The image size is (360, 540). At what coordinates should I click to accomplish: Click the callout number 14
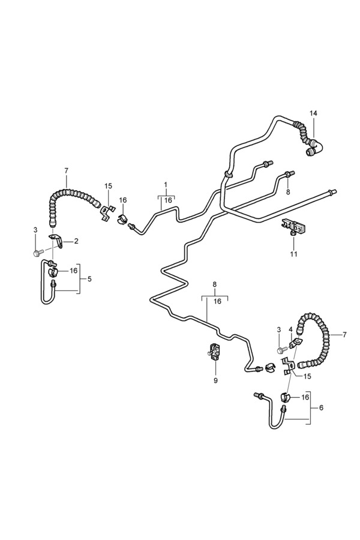click(x=313, y=113)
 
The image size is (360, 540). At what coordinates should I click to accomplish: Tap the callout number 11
click(x=293, y=254)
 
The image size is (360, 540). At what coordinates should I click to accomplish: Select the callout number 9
click(x=215, y=380)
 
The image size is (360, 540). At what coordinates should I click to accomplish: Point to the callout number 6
click(x=321, y=407)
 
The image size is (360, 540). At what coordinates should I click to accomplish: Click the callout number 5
click(x=89, y=279)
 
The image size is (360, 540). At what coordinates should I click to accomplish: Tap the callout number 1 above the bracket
click(x=166, y=184)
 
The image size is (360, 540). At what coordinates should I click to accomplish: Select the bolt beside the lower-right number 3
click(x=280, y=350)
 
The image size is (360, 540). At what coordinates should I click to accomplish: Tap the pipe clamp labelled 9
click(x=215, y=351)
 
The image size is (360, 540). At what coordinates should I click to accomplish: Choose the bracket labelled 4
click(x=295, y=344)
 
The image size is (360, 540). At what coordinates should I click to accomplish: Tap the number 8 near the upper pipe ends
click(x=287, y=192)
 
